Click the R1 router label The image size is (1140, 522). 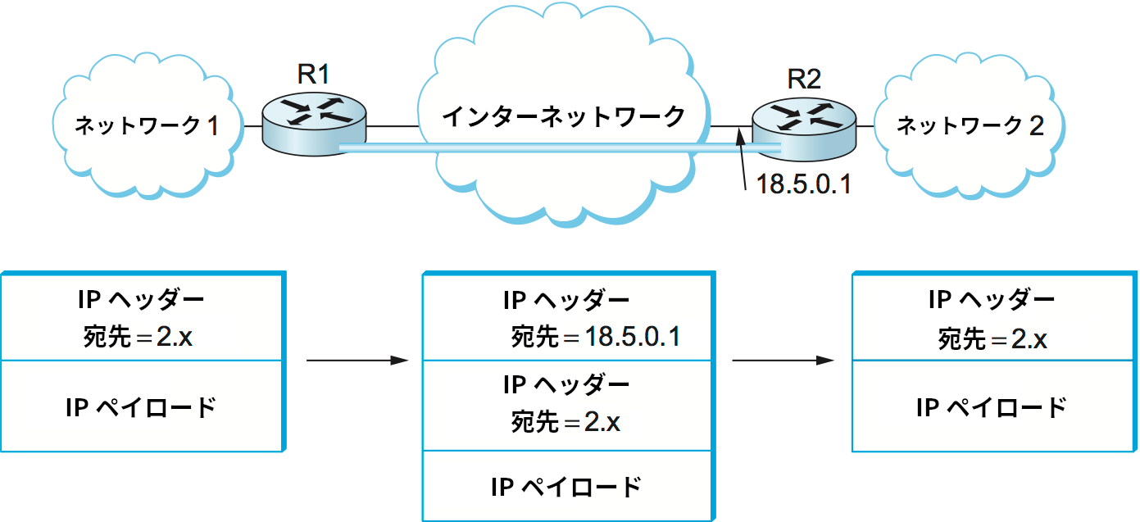pos(313,75)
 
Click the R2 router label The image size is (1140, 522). pos(804,79)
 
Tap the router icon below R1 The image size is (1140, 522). pos(315,123)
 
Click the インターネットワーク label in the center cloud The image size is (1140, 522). pos(564,117)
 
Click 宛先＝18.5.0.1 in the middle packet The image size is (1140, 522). pos(595,337)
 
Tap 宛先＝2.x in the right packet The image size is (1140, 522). pos(992,338)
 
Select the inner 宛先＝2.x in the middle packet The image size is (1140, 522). pos(565,422)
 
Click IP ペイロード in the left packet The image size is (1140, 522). pos(141,407)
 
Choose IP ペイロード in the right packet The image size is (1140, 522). pos(992,407)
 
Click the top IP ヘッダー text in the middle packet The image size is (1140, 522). pos(566,299)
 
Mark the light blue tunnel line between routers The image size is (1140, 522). pos(541,148)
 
